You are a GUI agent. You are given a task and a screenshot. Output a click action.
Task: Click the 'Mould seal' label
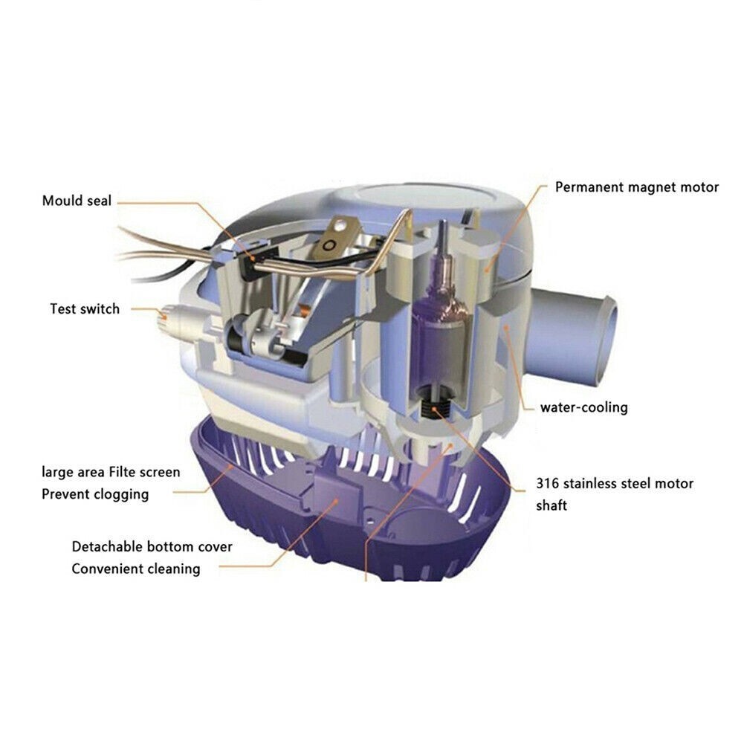pyautogui.click(x=77, y=201)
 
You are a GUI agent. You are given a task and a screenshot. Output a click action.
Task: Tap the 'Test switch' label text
pyautogui.click(x=84, y=308)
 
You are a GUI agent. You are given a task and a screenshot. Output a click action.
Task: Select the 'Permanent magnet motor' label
pyautogui.click(x=637, y=187)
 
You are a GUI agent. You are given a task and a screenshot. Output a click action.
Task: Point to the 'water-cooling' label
pyautogui.click(x=583, y=407)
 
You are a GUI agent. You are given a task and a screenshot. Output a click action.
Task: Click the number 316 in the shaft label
pyautogui.click(x=549, y=484)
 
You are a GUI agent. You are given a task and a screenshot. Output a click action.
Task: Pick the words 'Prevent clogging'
pyautogui.click(x=95, y=494)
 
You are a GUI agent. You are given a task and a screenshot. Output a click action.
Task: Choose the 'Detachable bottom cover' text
pyautogui.click(x=152, y=547)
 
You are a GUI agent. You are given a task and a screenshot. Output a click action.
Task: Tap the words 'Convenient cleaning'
pyautogui.click(x=136, y=569)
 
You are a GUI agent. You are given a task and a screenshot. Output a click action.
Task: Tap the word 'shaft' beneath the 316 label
pyautogui.click(x=551, y=505)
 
